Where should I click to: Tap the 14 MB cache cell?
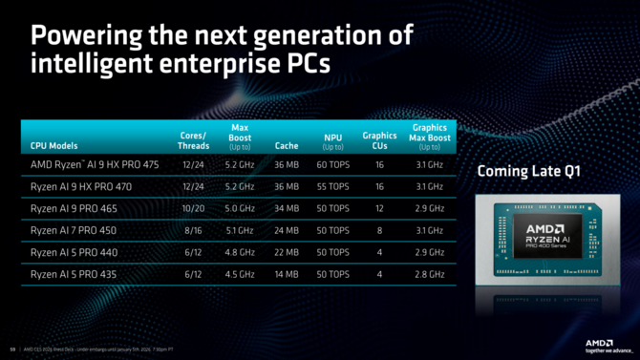coord(287,274)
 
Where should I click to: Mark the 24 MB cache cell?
coord(287,230)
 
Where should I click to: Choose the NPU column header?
coord(333,143)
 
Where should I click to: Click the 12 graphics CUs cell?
coord(379,208)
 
